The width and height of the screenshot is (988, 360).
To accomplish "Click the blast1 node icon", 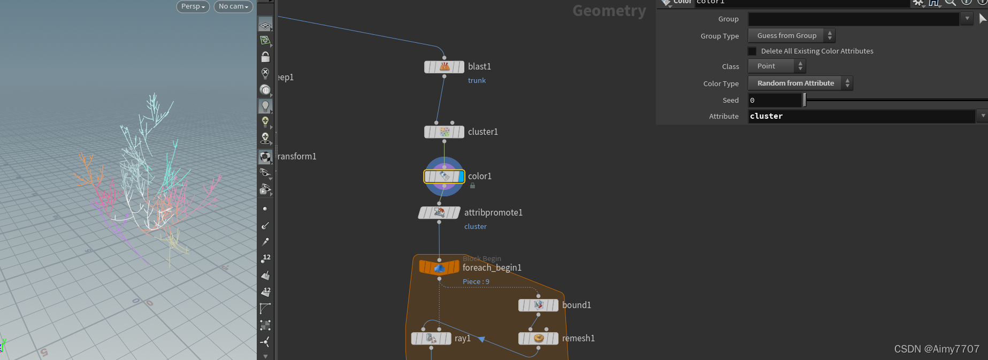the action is coord(445,67).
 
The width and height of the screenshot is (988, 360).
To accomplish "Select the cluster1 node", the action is coord(445,132).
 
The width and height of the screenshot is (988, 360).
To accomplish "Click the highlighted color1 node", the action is coord(444,176).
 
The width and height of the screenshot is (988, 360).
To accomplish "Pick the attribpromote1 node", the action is coord(439,213).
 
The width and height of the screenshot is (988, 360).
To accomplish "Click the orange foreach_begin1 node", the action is coord(439,267).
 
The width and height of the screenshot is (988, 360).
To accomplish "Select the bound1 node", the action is coord(538,305).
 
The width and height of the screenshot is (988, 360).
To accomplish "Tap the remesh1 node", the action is coord(538,338).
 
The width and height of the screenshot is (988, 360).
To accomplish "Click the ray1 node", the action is coord(431,338).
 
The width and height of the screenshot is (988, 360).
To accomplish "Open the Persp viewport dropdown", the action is coord(193,6).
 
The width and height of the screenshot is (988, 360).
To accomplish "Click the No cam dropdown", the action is coord(233,6).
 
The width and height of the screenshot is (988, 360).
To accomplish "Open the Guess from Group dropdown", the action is coord(791,36).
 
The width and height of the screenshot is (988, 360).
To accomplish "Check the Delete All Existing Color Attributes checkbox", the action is coord(752,51).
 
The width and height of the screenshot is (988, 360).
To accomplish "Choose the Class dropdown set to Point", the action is coord(776,66).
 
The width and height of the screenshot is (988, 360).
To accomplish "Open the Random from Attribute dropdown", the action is coord(800,83).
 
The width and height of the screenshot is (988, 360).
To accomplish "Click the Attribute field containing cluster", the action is coord(861,116).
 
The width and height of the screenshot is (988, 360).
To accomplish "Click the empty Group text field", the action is coord(853,19).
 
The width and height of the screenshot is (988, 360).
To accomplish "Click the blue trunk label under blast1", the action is coord(477,81).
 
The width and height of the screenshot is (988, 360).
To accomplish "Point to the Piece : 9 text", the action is coord(476,282).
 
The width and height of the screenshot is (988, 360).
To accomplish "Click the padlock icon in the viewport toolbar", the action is coord(265,57).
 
